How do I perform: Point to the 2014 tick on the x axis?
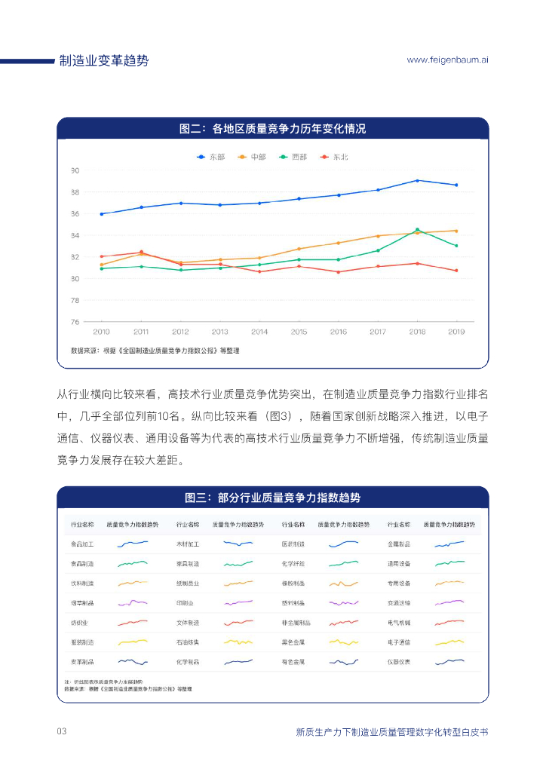(259, 332)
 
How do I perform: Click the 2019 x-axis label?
(456, 332)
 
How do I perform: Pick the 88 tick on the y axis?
(75, 192)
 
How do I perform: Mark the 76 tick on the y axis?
(75, 322)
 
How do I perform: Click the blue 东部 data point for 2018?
(417, 180)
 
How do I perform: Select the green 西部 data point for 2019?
(456, 246)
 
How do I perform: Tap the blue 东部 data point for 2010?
(102, 214)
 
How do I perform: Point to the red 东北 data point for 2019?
(456, 271)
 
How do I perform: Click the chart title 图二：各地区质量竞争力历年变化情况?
(272, 129)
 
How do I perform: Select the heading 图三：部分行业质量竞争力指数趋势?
(272, 498)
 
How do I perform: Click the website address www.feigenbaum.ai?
(447, 60)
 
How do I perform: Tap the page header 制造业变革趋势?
(104, 60)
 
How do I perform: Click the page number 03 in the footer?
(63, 731)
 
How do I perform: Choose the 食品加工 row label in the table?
(82, 544)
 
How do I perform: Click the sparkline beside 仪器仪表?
(449, 662)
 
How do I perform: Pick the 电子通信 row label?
(399, 642)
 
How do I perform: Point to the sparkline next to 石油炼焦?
(238, 642)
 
